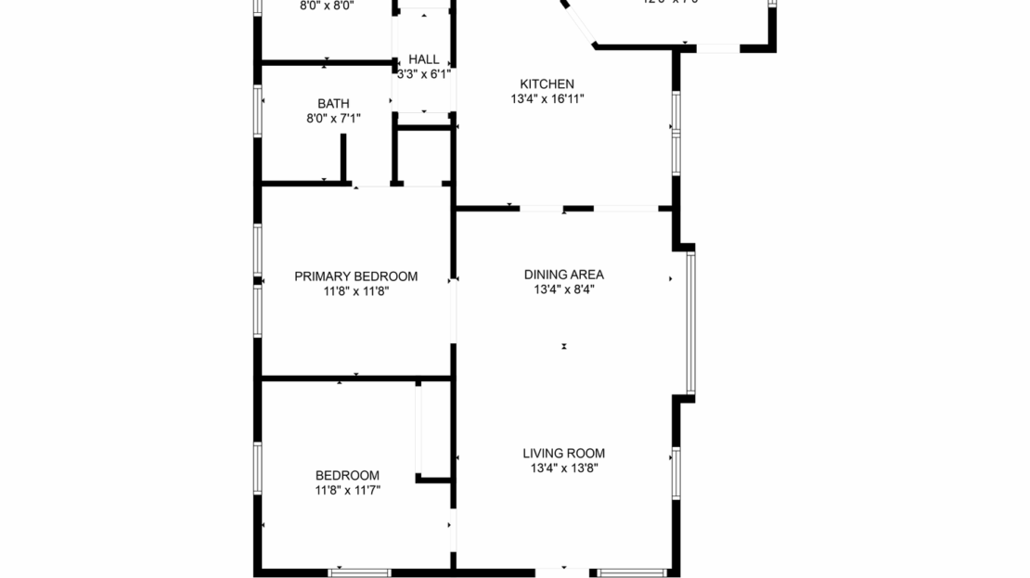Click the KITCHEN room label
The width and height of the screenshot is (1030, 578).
pos(547,83)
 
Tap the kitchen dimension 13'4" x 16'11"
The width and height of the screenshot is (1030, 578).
pos(547,98)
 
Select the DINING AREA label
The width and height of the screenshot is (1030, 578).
pos(563,275)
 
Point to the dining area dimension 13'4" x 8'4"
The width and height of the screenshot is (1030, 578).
pos(563,289)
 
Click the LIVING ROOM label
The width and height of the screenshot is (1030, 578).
pos(563,454)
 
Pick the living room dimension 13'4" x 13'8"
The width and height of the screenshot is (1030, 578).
pos(563,469)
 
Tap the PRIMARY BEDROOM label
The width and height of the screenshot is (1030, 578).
pos(355,276)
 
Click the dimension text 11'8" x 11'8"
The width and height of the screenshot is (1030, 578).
pos(355,291)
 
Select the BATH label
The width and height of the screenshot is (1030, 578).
pos(333,103)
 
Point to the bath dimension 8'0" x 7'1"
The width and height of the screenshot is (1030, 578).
pos(333,118)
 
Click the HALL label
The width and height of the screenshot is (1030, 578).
pos(423,59)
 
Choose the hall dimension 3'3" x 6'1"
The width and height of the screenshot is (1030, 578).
pos(423,74)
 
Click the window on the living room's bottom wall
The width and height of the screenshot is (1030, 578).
pos(631,572)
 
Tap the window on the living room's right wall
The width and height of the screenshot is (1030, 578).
pos(676,472)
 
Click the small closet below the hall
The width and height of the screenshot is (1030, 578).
pos(423,155)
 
